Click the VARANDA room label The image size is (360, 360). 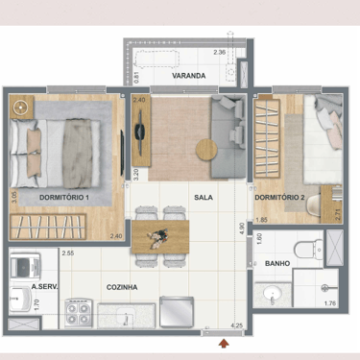click(188, 76)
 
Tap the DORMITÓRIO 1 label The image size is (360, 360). click(64, 198)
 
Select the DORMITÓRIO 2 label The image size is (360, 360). click(279, 198)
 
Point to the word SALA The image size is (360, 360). click(204, 198)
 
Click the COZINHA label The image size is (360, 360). click(122, 287)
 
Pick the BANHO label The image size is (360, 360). click(277, 264)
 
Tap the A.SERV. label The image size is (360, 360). click(44, 287)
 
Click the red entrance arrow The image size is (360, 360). click(224, 344)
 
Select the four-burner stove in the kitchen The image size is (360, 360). click(79, 314)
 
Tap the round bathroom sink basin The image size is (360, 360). click(272, 292)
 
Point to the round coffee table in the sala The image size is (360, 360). click(206, 150)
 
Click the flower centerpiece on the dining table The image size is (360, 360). click(158, 237)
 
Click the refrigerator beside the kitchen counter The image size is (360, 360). click(177, 312)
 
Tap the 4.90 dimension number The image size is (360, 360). click(242, 228)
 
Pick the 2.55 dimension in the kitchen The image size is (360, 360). click(68, 253)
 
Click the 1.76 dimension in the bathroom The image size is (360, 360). click(330, 303)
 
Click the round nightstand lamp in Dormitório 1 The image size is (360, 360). click(21, 108)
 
